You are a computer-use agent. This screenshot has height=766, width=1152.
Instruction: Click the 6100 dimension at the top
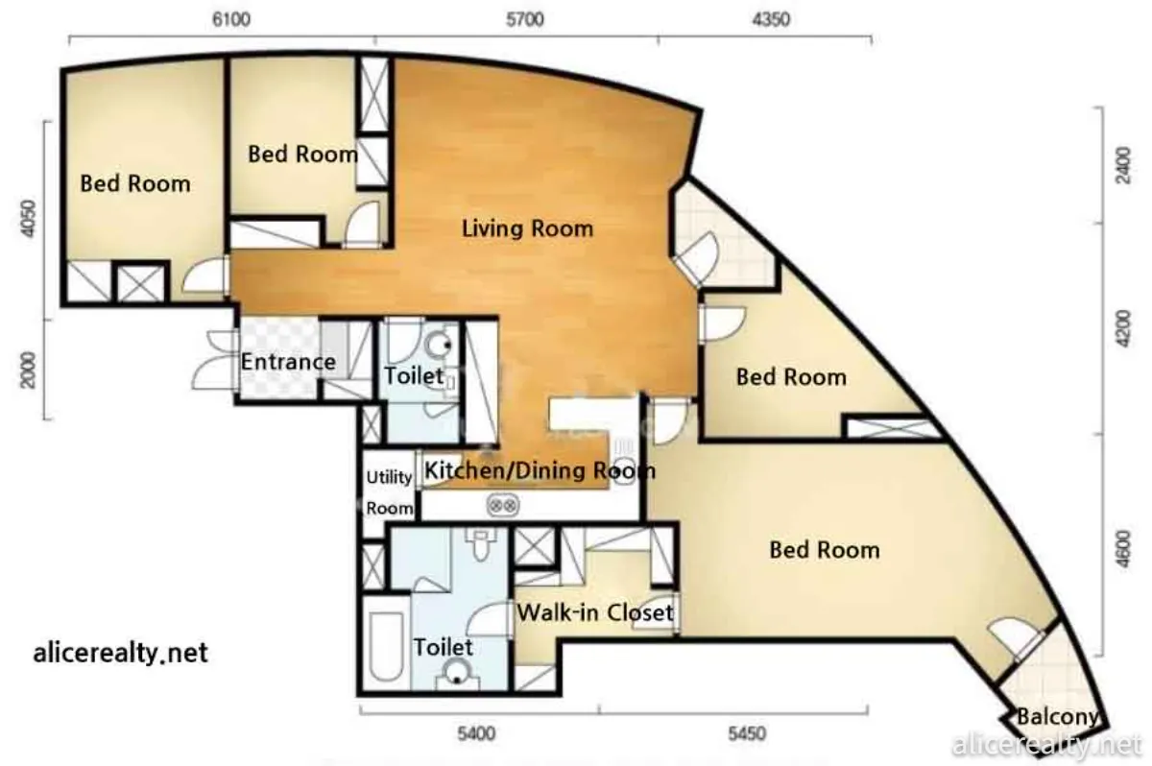tap(231, 19)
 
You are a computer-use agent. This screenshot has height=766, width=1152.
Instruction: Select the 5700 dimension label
tap(524, 19)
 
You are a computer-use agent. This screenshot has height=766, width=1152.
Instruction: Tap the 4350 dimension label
tap(771, 19)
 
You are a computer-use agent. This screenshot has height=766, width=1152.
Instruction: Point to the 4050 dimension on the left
tap(29, 219)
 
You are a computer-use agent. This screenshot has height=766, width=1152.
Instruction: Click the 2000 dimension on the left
tap(29, 371)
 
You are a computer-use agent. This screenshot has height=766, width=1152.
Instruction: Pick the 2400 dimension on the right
tap(1124, 164)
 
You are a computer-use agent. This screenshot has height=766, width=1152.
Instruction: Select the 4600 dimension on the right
tap(1124, 549)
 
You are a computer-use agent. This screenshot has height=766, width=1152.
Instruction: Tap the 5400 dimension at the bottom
tap(476, 733)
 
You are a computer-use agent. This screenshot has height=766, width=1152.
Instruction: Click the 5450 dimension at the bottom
tap(747, 733)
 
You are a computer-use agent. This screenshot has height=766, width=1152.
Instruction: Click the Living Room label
tap(527, 228)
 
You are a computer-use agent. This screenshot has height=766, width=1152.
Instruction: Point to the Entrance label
tap(288, 362)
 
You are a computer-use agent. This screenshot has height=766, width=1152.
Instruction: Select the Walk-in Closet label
tap(595, 612)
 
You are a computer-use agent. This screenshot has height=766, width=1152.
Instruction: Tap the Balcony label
tap(1057, 717)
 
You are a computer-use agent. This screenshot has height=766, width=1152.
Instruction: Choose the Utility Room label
tap(390, 492)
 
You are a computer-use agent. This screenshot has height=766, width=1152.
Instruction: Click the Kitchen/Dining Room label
tap(540, 471)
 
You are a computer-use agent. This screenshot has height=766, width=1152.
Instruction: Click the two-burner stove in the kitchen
tap(503, 505)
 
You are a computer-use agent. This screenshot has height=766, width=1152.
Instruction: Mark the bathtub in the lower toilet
tap(385, 646)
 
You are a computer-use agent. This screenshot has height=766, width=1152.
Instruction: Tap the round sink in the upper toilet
tap(440, 345)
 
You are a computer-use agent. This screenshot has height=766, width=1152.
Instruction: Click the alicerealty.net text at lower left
tap(120, 653)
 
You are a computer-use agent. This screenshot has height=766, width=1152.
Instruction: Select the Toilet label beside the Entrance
tap(414, 376)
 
